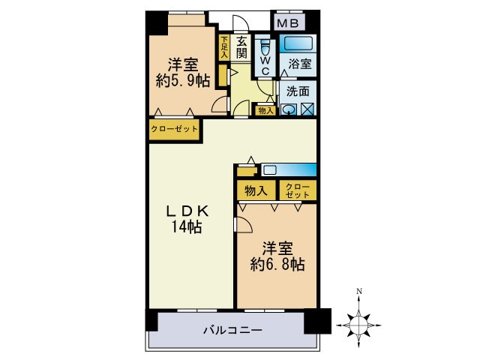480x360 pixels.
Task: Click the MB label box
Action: tap(287, 23)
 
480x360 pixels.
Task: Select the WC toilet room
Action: tap(264, 57)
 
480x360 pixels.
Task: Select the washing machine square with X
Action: tap(307, 109)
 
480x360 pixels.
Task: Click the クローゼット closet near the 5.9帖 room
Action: tap(175, 129)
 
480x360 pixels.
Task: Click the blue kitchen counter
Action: tap(289, 169)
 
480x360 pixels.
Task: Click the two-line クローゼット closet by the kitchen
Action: tap(298, 190)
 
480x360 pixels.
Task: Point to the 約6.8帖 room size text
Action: tap(277, 263)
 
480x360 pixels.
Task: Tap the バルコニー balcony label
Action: tap(232, 330)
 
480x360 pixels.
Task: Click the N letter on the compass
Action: tap(359, 291)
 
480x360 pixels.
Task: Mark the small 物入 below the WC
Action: tap(265, 110)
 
